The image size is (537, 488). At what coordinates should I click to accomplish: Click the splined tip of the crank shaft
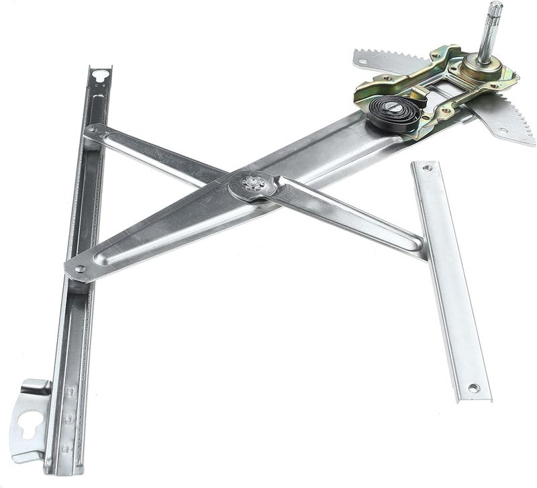[x=495, y=10]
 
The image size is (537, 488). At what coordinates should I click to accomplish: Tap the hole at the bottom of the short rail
[x=473, y=388]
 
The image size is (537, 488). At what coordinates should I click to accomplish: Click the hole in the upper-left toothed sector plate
[x=363, y=62]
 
